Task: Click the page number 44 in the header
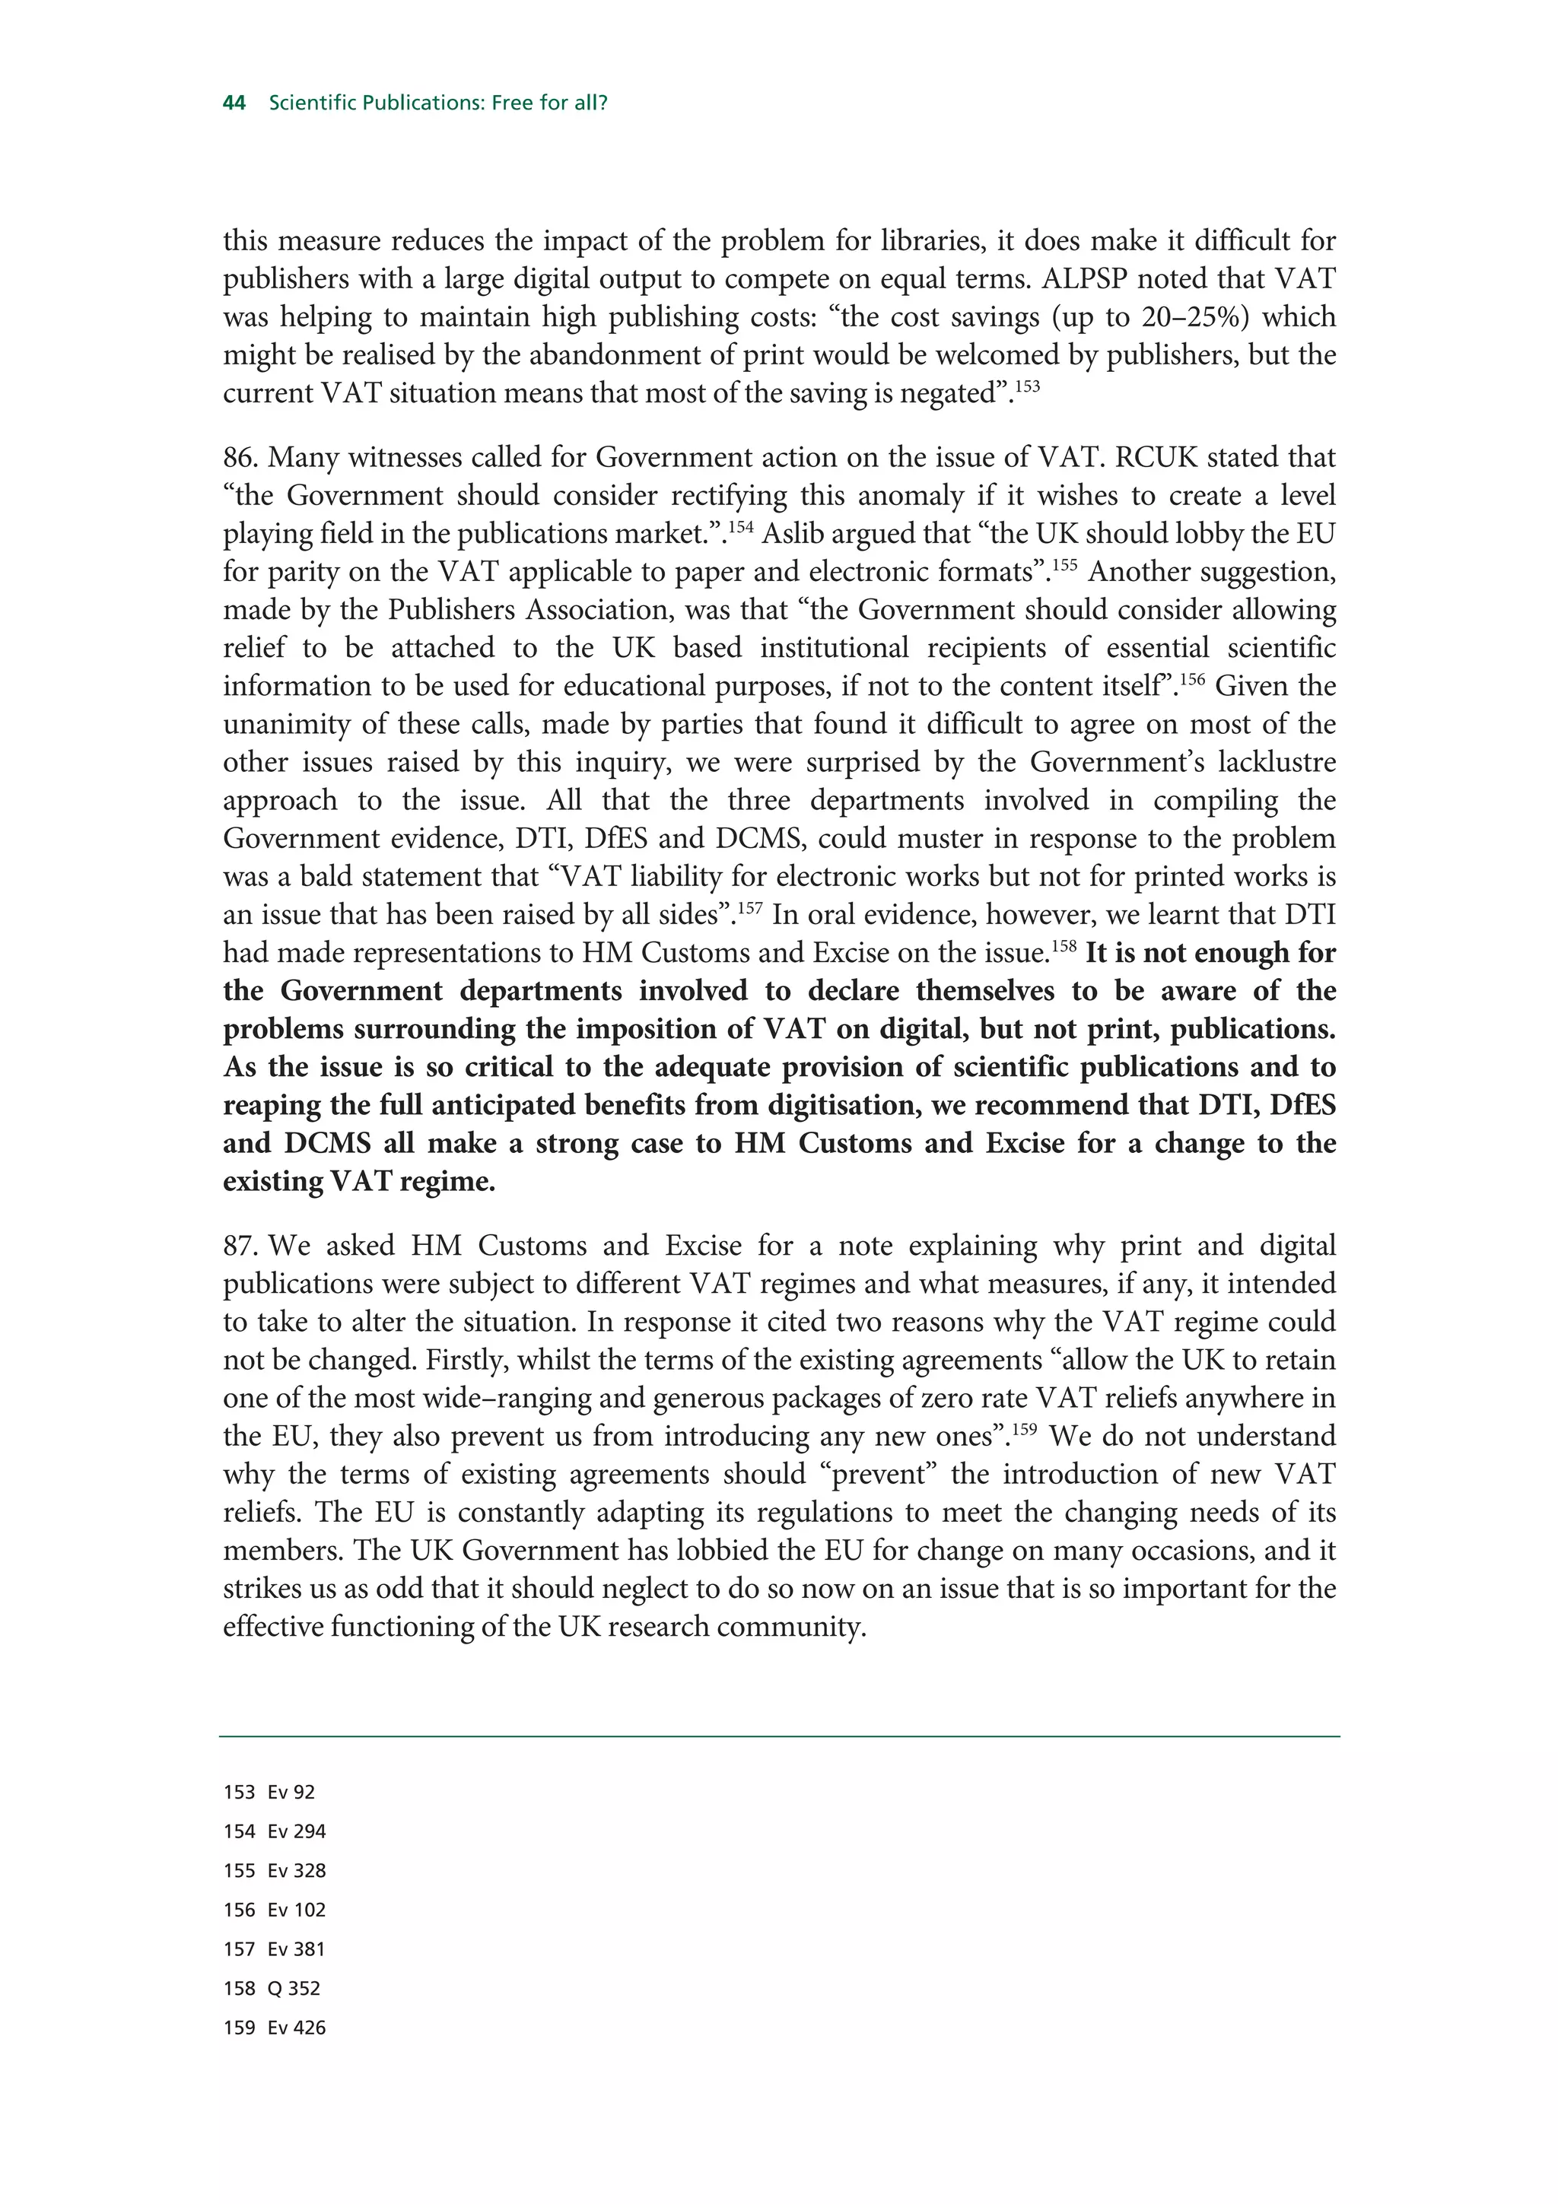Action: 234,103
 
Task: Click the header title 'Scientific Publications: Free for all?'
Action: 437,103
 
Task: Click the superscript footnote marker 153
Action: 1026,386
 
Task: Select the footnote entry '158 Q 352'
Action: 272,1988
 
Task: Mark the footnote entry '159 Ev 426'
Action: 275,2028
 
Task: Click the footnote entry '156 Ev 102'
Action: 275,1910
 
